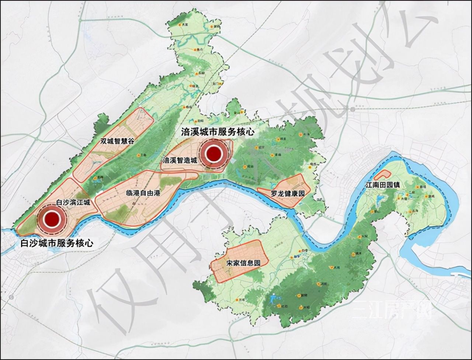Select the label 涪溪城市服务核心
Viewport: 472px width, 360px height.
[x=218, y=132]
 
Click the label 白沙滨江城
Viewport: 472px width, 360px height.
[x=73, y=202]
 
